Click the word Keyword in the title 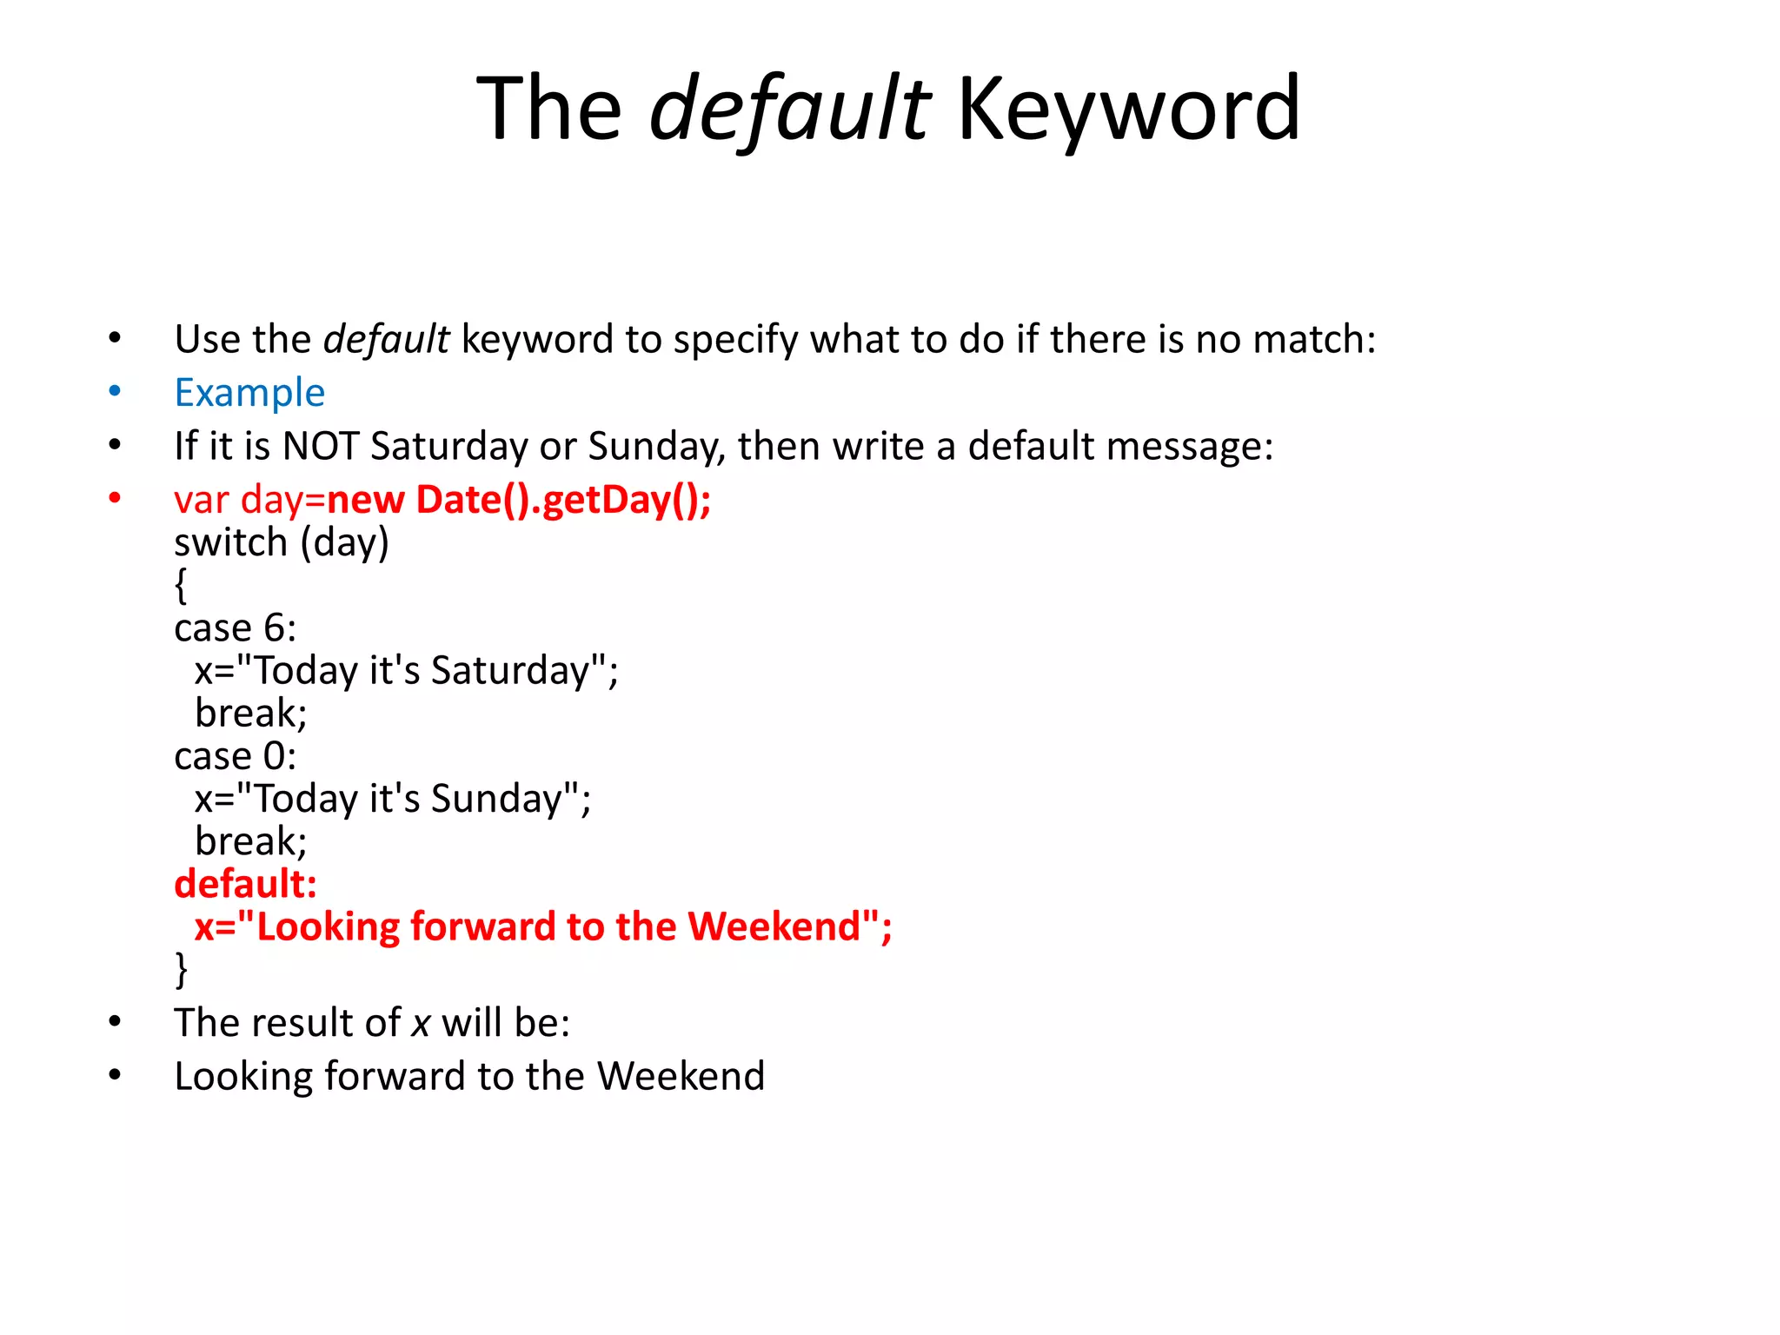coord(1128,110)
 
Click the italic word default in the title coord(789,110)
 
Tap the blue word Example coord(249,393)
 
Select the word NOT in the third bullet coord(320,446)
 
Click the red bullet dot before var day coord(115,498)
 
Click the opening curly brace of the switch coord(181,585)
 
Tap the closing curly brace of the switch coord(181,969)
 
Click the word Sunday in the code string coord(496,799)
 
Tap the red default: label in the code coord(245,884)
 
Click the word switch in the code coord(230,543)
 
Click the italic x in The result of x coord(422,1023)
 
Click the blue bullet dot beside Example coord(115,391)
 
